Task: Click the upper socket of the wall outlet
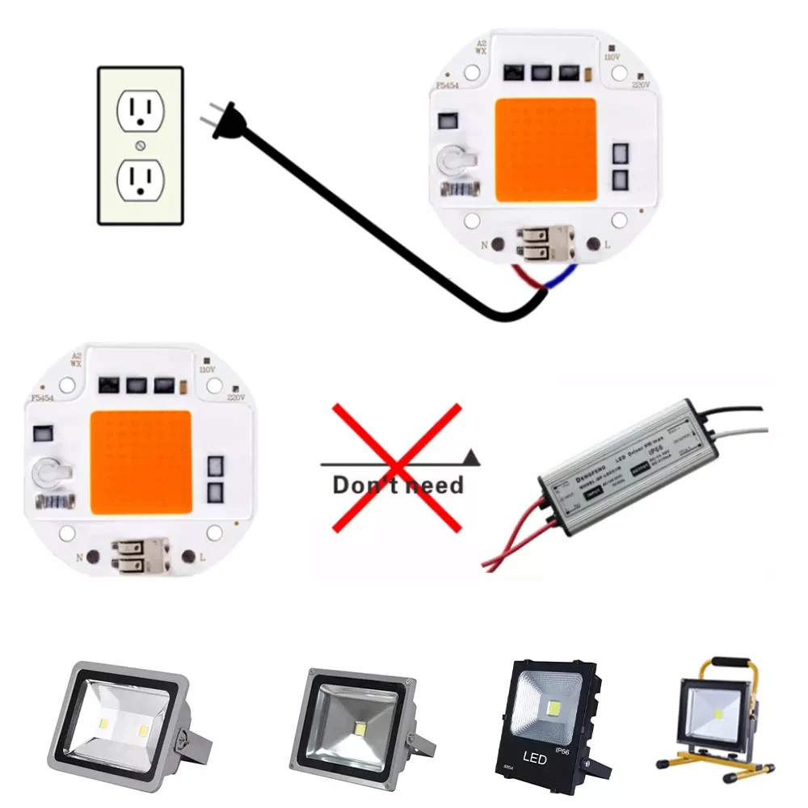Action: tap(141, 111)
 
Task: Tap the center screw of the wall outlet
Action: tap(141, 145)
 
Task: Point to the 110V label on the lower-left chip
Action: tap(207, 369)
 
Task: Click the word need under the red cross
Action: tap(434, 486)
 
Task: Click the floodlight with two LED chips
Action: tap(121, 715)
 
